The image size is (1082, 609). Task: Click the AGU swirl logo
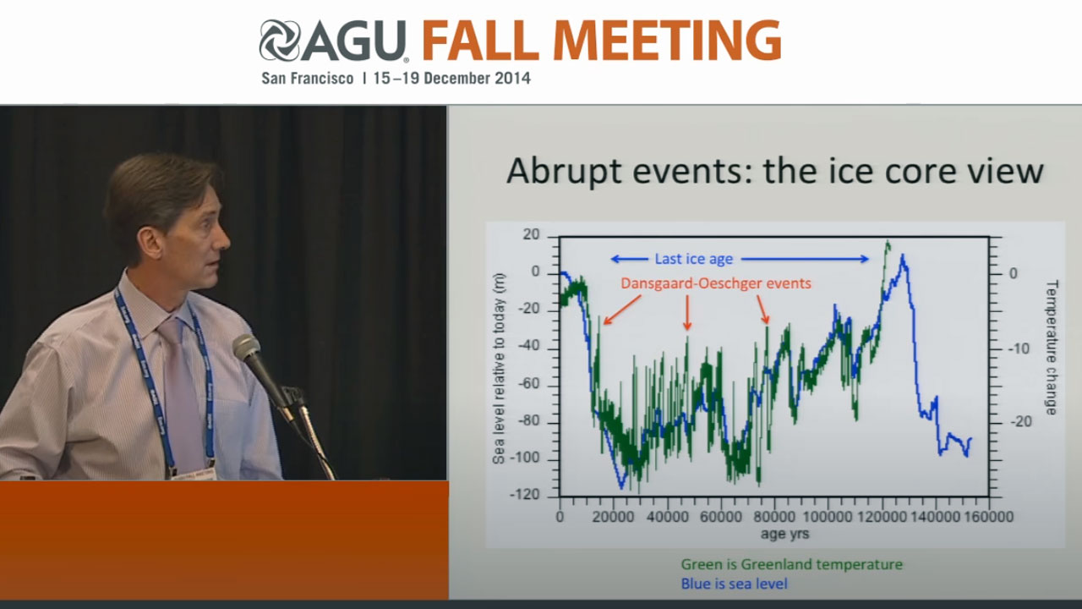point(280,41)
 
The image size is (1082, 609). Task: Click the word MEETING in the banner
point(667,40)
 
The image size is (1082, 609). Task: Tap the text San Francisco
point(307,79)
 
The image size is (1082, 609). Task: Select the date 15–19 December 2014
point(451,79)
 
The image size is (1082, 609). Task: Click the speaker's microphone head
point(246,348)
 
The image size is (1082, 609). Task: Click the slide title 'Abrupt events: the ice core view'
point(775,172)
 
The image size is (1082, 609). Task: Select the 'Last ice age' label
point(694,259)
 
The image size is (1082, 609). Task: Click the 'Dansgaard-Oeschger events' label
point(716,283)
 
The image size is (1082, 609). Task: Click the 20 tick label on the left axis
point(531,234)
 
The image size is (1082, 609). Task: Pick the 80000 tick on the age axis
point(774,517)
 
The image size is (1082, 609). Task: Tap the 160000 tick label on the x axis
point(988,517)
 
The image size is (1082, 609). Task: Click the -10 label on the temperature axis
point(1020,348)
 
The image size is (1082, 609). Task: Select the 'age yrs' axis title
point(785,534)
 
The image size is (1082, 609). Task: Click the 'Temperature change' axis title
point(1052,347)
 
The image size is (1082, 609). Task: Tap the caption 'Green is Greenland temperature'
point(792,564)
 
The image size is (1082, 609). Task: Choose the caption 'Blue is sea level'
point(735,584)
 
